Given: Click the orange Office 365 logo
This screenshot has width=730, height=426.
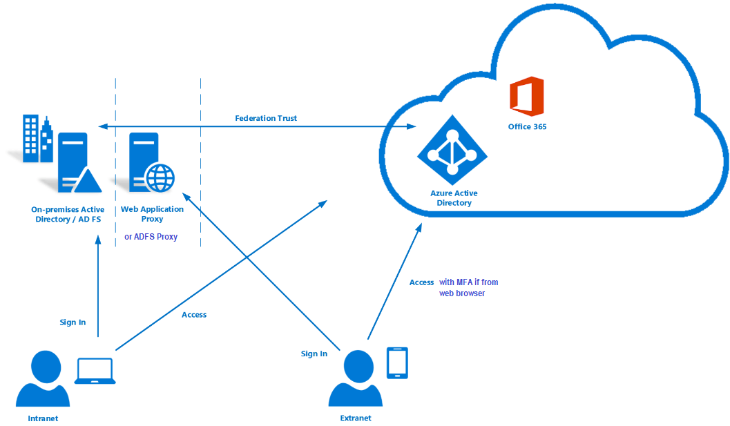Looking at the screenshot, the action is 526,96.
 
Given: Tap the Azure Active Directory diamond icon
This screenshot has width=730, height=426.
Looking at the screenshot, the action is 452,150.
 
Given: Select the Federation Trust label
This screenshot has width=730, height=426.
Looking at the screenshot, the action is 266,118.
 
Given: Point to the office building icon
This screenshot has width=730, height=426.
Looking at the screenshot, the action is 38,139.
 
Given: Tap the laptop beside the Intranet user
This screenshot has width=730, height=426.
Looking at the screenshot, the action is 95,371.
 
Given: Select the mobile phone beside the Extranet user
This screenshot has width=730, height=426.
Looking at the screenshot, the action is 397,362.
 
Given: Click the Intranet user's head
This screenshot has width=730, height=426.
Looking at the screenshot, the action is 46,367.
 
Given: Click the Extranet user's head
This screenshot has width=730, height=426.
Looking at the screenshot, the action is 358,367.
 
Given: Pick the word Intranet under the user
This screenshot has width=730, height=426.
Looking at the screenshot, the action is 43,418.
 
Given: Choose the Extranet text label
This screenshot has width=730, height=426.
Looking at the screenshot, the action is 356,418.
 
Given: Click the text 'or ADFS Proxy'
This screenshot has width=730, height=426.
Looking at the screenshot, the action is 151,237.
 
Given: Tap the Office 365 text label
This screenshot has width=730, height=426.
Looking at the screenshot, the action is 527,126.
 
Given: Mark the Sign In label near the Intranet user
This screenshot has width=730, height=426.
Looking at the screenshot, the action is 73,322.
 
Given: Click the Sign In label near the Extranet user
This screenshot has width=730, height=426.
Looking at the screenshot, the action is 314,354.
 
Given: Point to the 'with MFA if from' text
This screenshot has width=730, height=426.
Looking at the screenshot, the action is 468,282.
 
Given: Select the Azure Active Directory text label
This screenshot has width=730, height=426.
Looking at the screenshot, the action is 454,198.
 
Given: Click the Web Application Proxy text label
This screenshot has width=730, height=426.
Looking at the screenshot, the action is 152,214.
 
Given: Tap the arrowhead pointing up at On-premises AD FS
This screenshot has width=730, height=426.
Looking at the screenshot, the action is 98,240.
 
